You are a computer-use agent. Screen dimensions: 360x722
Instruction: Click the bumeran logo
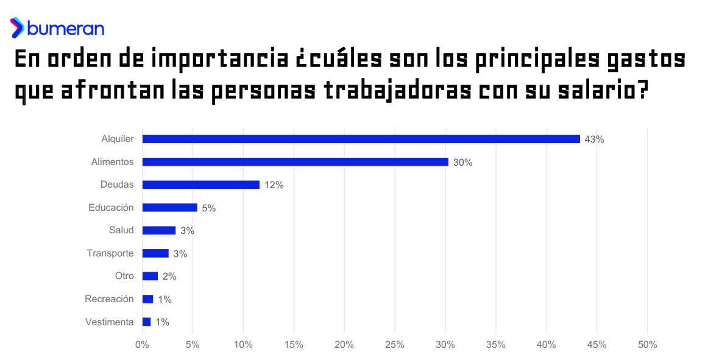point(57,28)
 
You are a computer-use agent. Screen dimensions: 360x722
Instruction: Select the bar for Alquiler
point(361,139)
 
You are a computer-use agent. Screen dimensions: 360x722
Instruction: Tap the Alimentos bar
point(295,162)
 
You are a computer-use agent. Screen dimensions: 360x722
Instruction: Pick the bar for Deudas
point(200,185)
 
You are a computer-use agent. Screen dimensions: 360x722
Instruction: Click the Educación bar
point(169,208)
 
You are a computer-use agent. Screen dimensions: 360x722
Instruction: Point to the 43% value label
point(594,139)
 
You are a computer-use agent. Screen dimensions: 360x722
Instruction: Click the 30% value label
point(462,163)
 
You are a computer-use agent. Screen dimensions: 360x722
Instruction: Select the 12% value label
point(274,185)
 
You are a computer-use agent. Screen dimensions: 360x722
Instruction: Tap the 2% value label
point(169,277)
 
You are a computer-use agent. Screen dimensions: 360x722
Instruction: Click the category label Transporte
point(110,253)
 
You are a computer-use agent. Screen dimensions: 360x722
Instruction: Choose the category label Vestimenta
point(110,322)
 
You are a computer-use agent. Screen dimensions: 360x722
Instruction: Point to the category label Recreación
point(110,299)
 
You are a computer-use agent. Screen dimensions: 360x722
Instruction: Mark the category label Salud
point(121,230)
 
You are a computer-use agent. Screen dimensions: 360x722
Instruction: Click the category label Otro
point(124,276)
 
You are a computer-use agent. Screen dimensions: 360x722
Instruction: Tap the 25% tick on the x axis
point(395,345)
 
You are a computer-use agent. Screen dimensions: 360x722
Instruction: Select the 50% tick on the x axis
point(647,345)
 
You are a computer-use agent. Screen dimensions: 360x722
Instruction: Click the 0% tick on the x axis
point(142,345)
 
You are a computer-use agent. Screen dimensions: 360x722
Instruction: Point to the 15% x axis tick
point(294,345)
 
